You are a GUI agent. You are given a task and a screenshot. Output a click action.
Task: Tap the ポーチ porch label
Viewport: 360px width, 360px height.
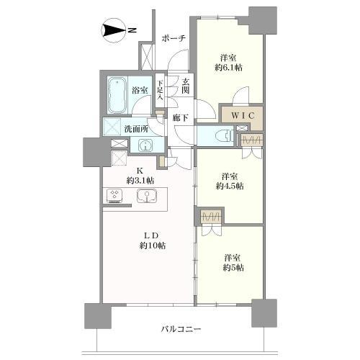(x=174, y=37)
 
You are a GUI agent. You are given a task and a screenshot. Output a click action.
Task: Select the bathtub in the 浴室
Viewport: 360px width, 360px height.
(x=116, y=96)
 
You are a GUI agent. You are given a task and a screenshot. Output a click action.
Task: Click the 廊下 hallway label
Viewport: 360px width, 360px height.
(x=180, y=115)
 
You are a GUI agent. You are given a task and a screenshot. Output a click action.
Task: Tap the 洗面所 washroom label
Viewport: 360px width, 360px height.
(x=136, y=128)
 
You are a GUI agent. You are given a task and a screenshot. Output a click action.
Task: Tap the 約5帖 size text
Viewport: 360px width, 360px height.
(x=231, y=268)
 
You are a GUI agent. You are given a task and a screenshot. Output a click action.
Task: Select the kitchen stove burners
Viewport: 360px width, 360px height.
(x=115, y=195)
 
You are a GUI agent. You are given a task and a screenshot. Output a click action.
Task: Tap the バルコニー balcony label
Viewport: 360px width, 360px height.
(x=178, y=329)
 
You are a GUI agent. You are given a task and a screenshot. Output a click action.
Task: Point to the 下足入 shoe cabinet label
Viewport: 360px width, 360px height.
(x=160, y=91)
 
